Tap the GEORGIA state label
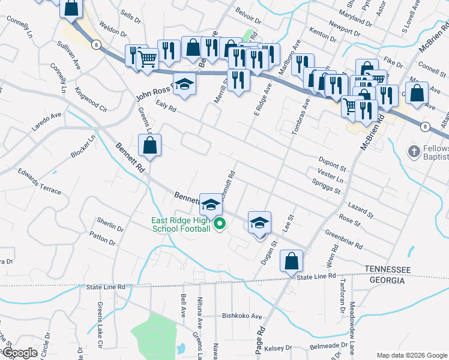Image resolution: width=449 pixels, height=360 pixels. pyautogui.click(x=386, y=280)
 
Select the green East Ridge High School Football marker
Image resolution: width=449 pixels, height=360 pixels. pyautogui.click(x=219, y=226)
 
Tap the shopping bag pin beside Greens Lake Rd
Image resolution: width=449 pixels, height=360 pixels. pyautogui.click(x=149, y=145)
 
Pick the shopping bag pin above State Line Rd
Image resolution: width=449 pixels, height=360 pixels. pyautogui.click(x=291, y=261)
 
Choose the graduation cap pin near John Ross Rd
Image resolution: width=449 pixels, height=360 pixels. pyautogui.click(x=184, y=85)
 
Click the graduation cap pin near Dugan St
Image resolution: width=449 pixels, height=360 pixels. pyautogui.click(x=259, y=223)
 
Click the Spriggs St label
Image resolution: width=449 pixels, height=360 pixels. pyautogui.click(x=327, y=186)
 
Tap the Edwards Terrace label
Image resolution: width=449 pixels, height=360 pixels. pyautogui.click(x=40, y=182)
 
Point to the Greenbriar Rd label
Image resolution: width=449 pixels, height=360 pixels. pyautogui.click(x=344, y=239)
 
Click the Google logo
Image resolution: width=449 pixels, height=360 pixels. pyautogui.click(x=19, y=353)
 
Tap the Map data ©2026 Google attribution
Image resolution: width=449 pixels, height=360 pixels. pyautogui.click(x=411, y=355)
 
